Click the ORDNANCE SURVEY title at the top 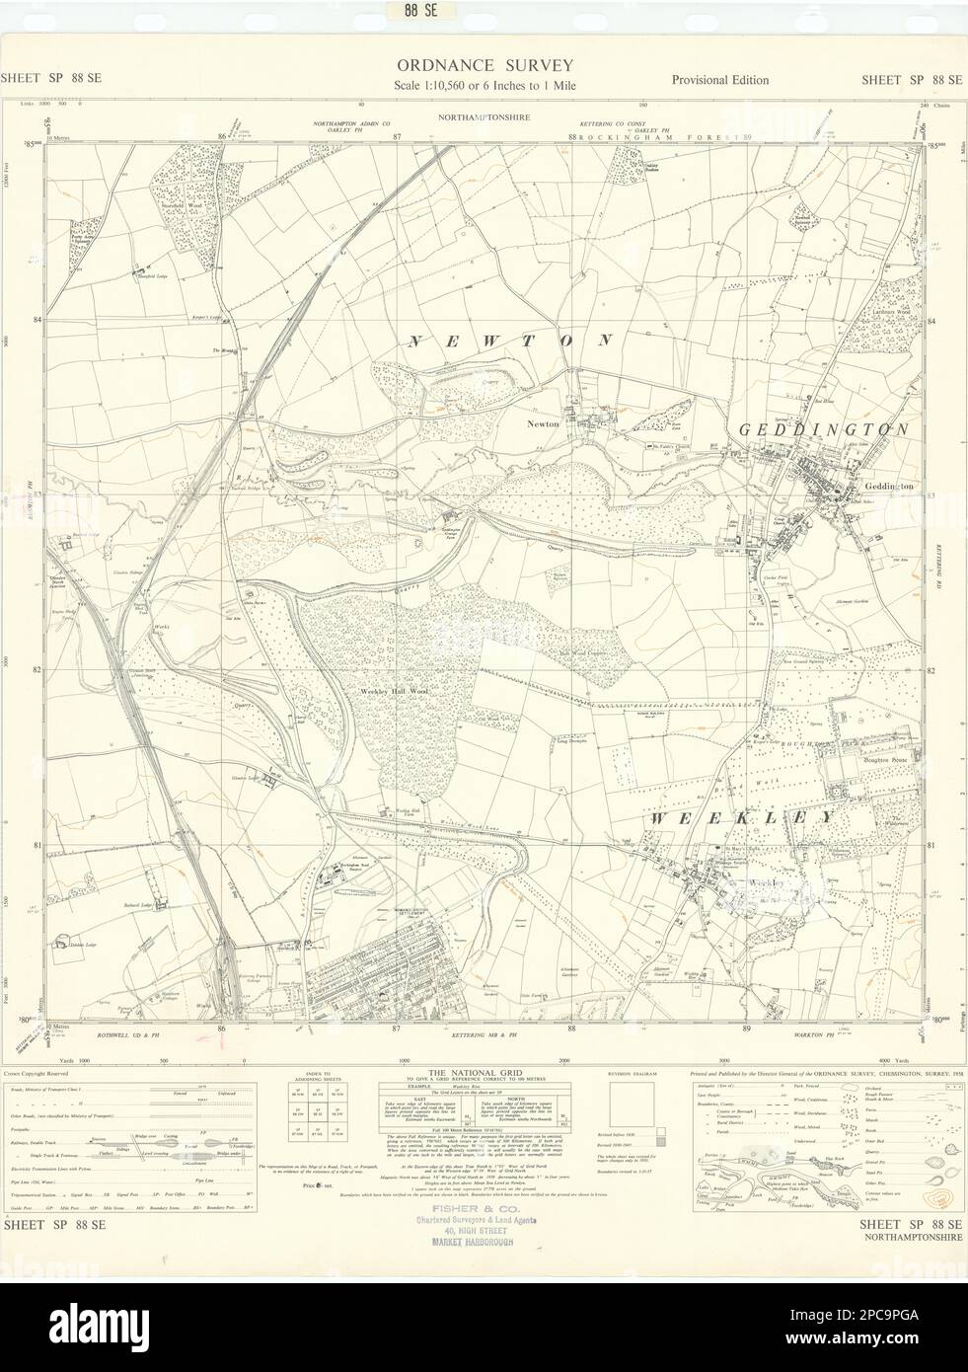click(484, 64)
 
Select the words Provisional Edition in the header click(719, 80)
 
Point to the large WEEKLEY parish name click(742, 818)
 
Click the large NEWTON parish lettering click(510, 341)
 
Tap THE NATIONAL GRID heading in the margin click(466, 1071)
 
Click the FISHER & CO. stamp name click(466, 1219)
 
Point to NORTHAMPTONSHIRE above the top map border click(484, 116)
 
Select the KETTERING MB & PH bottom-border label click(482, 1036)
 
